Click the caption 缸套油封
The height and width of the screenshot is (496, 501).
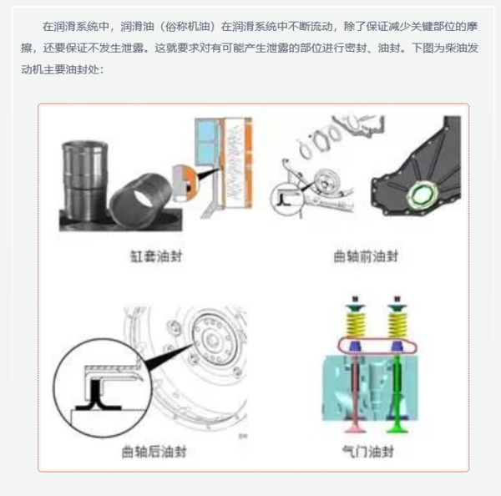156,256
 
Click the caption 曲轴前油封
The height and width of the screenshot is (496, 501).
366,256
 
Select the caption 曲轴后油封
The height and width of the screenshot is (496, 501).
154,452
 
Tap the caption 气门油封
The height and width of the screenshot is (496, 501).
367,452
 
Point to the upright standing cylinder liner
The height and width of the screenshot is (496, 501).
84,181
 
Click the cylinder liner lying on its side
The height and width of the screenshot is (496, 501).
140,200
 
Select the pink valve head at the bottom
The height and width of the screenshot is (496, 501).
355,427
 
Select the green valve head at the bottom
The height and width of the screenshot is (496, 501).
397,427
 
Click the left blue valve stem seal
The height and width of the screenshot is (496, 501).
355,346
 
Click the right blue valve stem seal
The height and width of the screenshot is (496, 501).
397,346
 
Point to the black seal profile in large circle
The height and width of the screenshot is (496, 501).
96,397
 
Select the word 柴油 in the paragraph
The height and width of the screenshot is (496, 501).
455,48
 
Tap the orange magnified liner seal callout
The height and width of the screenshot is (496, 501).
184,184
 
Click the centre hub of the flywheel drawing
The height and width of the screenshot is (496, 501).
211,340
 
